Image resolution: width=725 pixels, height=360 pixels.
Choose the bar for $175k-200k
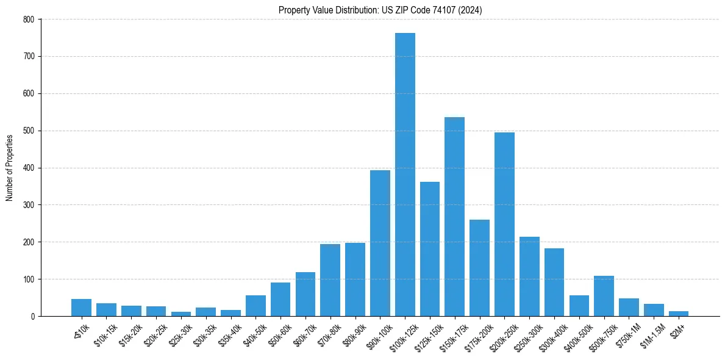click(479, 268)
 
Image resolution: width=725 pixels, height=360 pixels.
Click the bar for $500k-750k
click(604, 296)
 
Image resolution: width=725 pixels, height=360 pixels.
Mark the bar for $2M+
click(679, 314)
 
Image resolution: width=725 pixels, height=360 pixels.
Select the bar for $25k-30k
click(181, 314)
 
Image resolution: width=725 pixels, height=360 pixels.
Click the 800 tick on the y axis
click(30, 20)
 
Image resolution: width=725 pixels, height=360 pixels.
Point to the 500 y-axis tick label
click(30, 131)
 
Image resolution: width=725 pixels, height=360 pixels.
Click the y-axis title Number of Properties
click(10, 168)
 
